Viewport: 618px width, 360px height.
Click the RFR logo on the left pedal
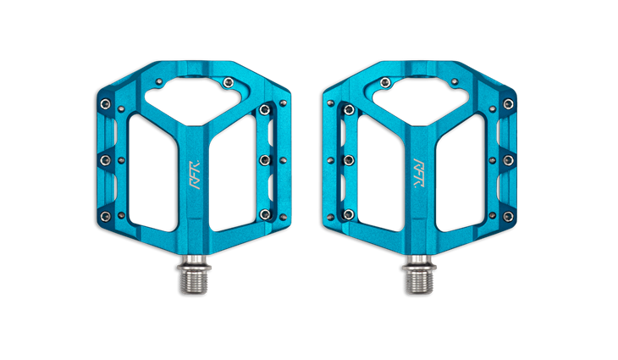click(x=196, y=174)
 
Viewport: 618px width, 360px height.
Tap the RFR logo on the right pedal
click(x=418, y=173)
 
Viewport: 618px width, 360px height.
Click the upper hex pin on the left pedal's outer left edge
click(x=105, y=104)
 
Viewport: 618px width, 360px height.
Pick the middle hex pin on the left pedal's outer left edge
click(x=105, y=160)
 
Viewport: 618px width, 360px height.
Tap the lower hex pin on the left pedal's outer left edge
click(x=105, y=216)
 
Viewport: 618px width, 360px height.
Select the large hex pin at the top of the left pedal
click(x=229, y=82)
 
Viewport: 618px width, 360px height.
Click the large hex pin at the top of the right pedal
click(x=385, y=82)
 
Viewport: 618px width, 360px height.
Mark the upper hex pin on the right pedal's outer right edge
click(x=509, y=104)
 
